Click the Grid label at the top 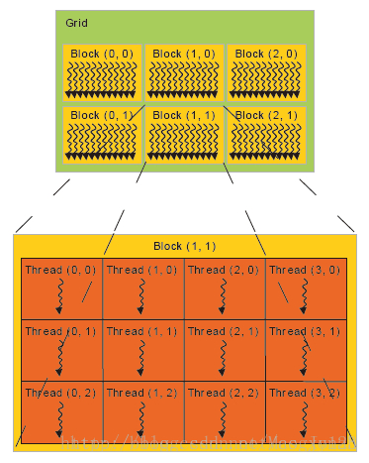click(76, 22)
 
